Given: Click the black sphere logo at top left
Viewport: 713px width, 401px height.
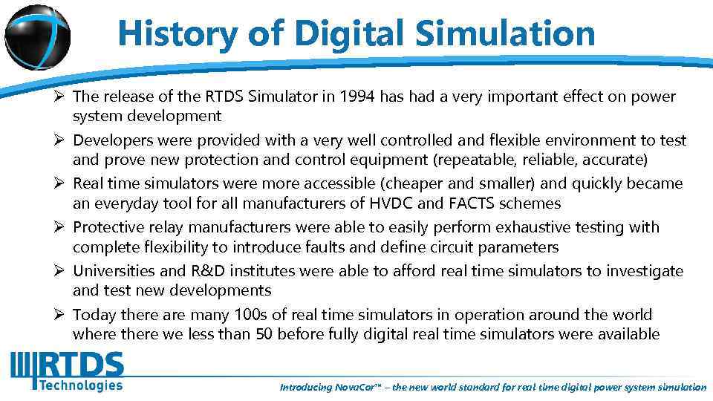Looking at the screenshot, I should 37,36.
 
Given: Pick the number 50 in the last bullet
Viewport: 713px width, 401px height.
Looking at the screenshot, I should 264,334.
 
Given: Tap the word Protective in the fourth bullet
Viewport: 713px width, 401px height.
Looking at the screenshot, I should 109,227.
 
